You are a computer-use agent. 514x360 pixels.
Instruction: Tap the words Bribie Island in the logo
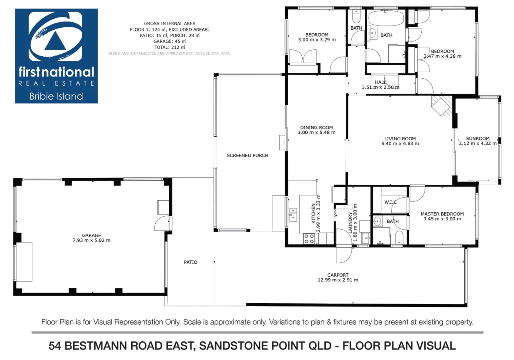56,96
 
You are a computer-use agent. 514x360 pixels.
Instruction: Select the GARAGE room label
91,235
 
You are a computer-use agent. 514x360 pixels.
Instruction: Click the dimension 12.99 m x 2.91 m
338,280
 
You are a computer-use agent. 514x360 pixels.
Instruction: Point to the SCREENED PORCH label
247,155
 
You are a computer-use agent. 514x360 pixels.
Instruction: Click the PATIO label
191,262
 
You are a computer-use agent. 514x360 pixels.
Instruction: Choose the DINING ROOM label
316,127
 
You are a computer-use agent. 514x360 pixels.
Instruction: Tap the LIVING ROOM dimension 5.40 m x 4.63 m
400,144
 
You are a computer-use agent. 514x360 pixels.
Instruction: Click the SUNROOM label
477,138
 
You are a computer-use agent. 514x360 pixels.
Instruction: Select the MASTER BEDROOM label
442,214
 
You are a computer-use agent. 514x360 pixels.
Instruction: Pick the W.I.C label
390,202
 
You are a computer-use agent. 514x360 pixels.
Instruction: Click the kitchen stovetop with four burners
309,238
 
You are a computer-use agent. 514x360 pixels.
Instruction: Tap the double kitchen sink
293,214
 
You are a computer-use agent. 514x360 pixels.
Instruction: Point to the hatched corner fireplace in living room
442,105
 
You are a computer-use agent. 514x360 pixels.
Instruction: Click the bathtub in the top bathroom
386,18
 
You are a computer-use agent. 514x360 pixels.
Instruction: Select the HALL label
380,82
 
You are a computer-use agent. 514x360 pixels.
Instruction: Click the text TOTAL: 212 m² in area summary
169,47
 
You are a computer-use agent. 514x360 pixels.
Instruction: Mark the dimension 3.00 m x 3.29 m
316,40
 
